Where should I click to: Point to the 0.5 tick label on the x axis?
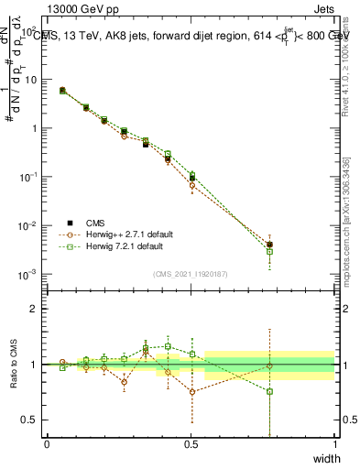(191, 444)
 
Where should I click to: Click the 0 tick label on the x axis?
(47, 444)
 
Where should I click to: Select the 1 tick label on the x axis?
(334, 444)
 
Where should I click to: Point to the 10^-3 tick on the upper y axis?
(27, 274)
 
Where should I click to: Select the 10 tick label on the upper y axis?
(30, 80)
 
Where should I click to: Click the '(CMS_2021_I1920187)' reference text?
(191, 272)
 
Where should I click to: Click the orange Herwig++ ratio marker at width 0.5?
(192, 391)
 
